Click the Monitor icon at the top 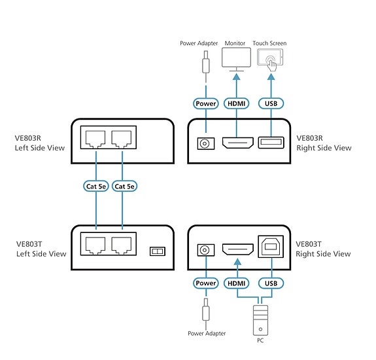coord(236,59)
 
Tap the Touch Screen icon coord(270,60)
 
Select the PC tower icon coord(260,320)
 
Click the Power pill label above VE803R coord(206,103)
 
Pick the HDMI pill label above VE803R coord(237,103)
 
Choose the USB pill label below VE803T coord(271,283)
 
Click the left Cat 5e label coord(96,187)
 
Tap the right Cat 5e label coord(124,187)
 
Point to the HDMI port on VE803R coord(237,143)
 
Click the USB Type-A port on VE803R coord(271,143)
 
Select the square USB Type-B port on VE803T coord(271,247)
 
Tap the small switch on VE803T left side coord(158,251)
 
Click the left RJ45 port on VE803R coord(95,139)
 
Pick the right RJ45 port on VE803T coord(122,245)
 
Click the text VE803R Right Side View coord(324,143)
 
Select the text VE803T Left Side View coord(41,249)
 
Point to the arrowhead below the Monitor coord(237,77)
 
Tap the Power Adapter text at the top coord(199,43)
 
